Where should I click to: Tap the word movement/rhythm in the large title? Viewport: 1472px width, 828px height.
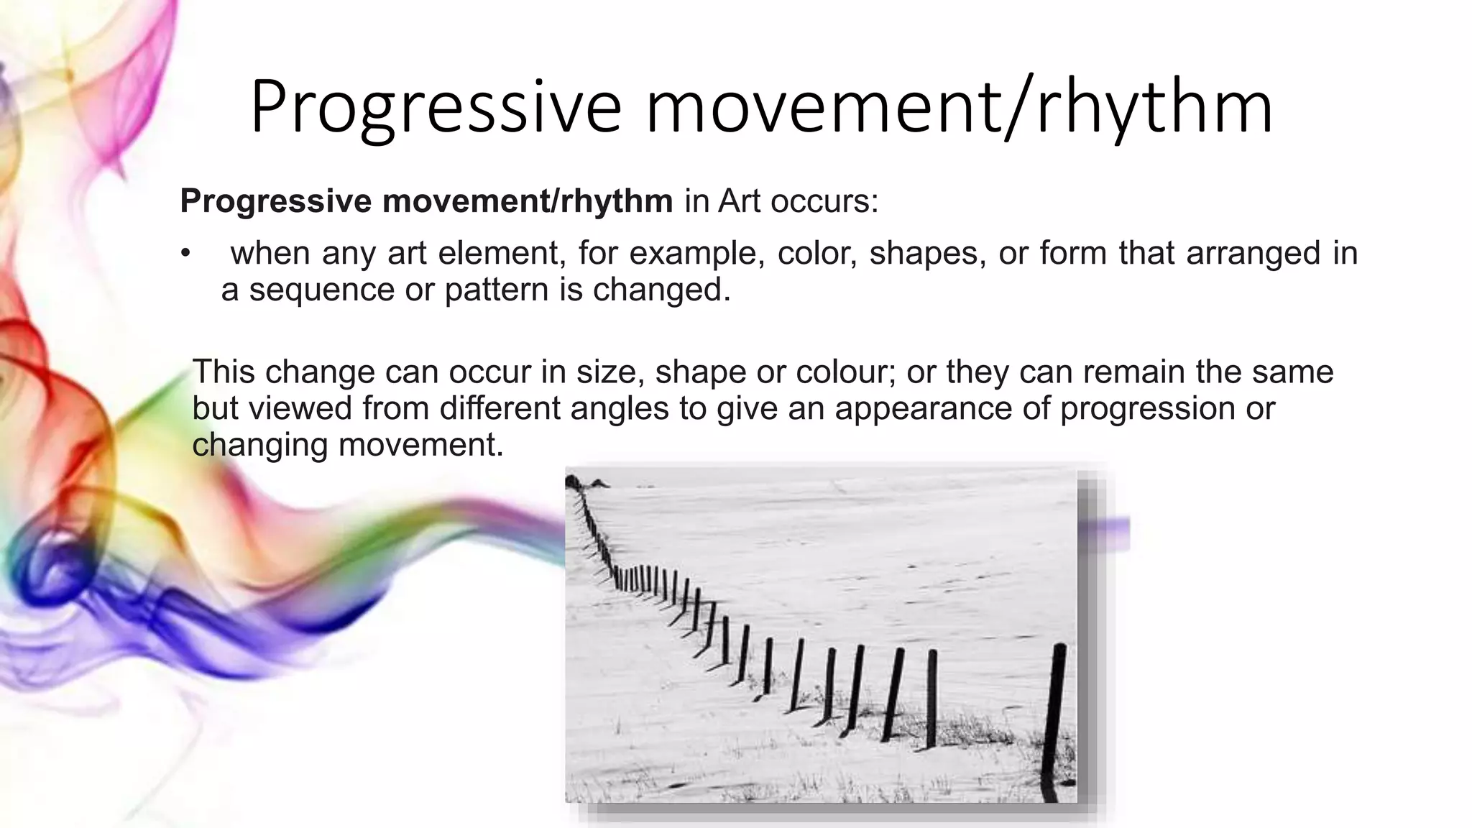(x=959, y=108)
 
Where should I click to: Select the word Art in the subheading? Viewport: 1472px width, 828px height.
(x=739, y=201)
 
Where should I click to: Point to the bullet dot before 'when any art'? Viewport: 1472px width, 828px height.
(x=186, y=254)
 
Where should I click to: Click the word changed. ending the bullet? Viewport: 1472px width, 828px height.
(x=661, y=290)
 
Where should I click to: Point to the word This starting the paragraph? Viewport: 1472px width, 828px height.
(x=223, y=372)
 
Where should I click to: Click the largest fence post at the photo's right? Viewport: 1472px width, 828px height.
(x=1054, y=719)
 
